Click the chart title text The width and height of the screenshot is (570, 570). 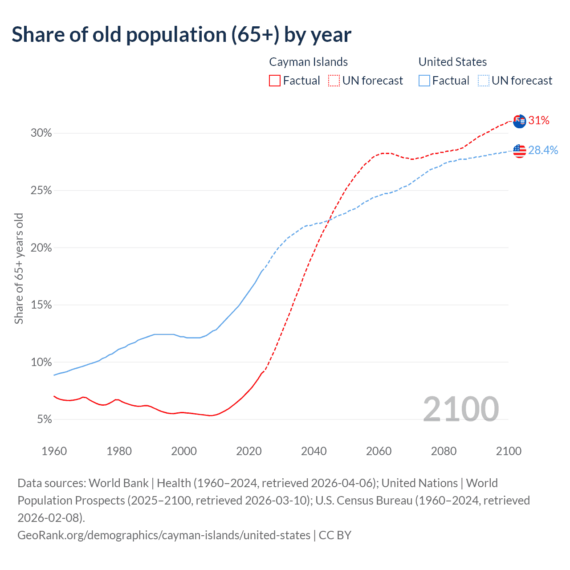[181, 35]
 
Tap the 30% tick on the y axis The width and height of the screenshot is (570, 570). [41, 133]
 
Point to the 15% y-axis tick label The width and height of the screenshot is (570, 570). [41, 305]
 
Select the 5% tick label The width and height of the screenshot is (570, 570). [45, 419]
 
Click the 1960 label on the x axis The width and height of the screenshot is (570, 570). [54, 451]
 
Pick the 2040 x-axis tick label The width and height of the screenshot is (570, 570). [313, 451]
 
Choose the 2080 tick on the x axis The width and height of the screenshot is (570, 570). [444, 451]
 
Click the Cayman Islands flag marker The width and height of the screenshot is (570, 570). [519, 121]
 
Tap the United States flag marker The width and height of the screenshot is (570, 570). [519, 151]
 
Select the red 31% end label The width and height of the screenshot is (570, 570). [539, 121]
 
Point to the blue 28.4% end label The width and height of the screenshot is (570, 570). [543, 151]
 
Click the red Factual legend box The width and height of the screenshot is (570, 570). [275, 81]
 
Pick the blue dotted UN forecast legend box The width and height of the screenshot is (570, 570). [484, 81]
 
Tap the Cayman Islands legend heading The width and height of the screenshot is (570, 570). [308, 62]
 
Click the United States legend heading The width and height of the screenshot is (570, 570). [452, 62]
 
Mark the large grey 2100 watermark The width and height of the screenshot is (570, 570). [460, 409]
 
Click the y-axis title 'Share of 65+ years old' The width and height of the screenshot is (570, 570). [19, 269]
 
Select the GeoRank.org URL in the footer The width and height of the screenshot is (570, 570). [164, 535]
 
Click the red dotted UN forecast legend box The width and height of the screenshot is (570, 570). [334, 81]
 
